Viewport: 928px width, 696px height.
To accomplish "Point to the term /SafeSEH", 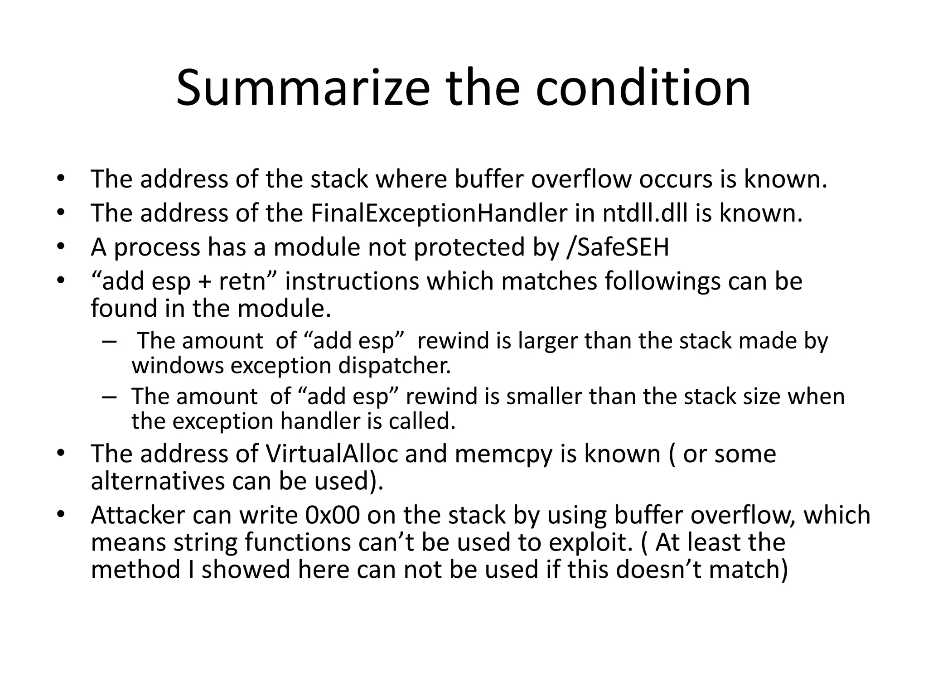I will pos(618,247).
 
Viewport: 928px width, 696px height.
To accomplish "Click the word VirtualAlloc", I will pos(332,454).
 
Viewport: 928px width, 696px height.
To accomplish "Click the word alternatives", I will pos(158,481).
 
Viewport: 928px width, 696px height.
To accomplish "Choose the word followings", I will pos(663,281).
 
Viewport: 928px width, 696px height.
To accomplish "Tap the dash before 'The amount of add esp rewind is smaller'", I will pos(109,396).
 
